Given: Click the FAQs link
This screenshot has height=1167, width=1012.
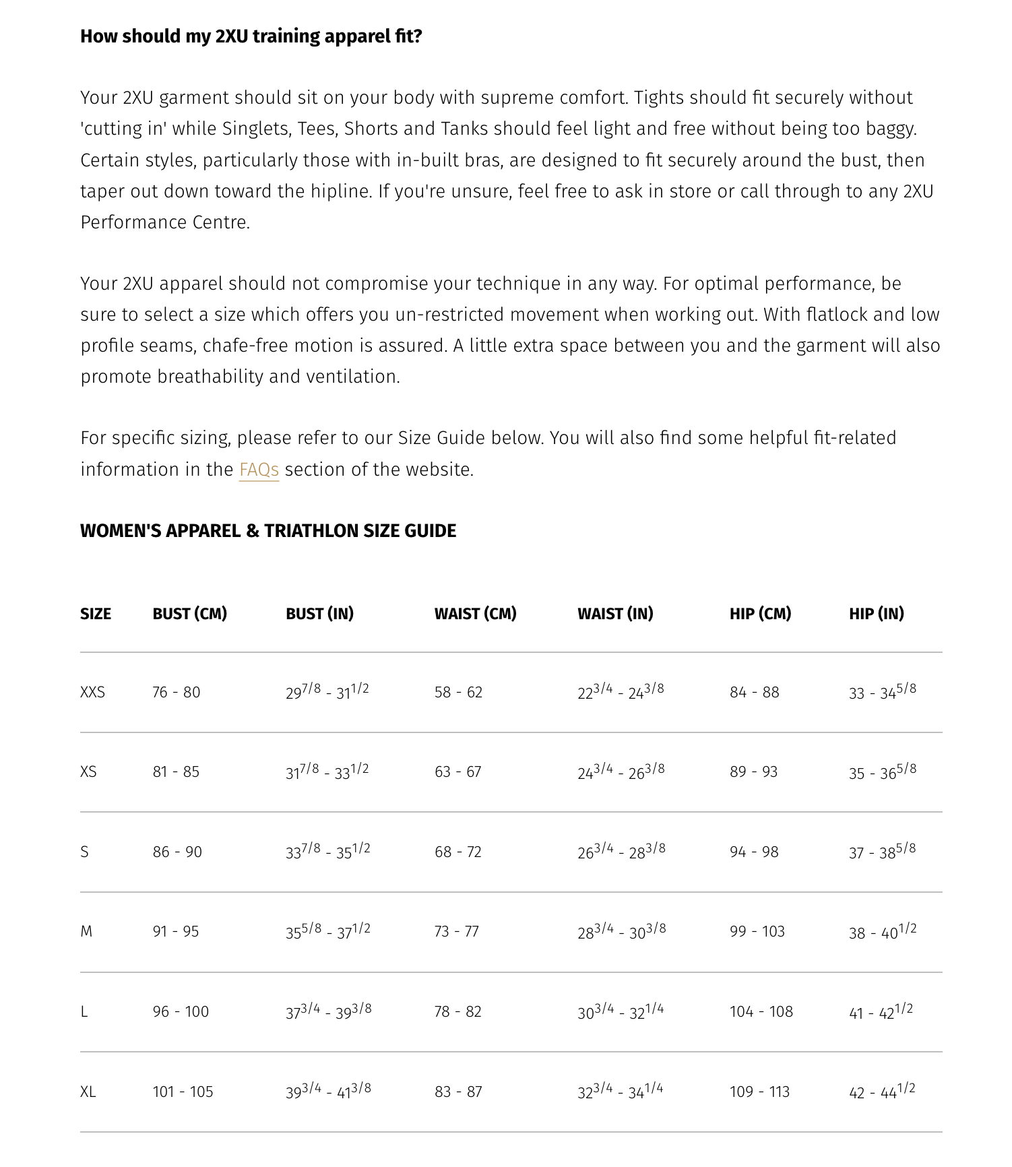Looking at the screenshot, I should [x=259, y=470].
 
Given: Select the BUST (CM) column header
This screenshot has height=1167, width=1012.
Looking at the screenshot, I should [x=189, y=614].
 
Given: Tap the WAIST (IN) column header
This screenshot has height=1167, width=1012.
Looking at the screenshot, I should [x=615, y=614].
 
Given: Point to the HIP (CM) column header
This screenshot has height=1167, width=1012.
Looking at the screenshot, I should [x=760, y=614].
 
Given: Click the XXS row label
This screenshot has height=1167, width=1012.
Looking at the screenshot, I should [x=92, y=693].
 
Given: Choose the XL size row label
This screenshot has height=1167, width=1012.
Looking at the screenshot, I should [x=88, y=1092].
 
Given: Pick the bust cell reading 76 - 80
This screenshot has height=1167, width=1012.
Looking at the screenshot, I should [x=177, y=693].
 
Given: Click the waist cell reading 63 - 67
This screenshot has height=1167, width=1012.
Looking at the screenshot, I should [x=458, y=772].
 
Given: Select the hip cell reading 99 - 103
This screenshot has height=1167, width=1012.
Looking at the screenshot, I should [x=757, y=932].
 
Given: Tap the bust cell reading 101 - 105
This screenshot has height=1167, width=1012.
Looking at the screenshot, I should [x=183, y=1092].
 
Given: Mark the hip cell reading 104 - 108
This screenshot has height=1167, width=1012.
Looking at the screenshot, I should [x=761, y=1012].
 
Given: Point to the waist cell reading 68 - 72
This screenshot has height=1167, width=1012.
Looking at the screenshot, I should [x=458, y=852].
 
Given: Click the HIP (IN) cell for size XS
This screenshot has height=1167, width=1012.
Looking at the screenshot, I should [x=883, y=771].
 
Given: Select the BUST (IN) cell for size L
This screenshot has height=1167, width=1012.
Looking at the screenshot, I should [x=328, y=1011].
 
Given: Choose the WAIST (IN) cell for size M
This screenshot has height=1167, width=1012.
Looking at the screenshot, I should [x=621, y=931].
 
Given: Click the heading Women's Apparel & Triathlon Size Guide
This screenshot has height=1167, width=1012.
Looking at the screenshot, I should [x=268, y=531].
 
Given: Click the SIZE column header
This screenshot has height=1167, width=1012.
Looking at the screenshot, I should [x=96, y=614].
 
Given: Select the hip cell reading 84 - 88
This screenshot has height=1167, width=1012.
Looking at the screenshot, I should [x=755, y=693].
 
